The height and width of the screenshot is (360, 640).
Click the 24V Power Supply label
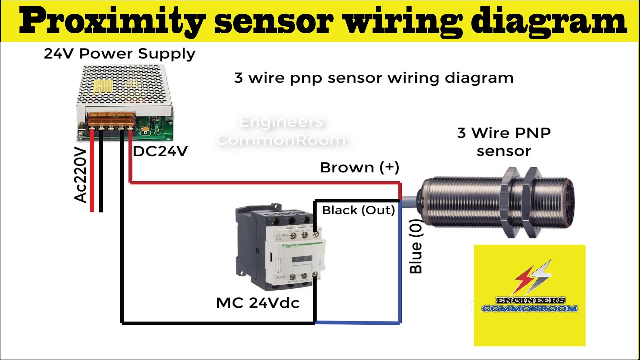tap(119, 54)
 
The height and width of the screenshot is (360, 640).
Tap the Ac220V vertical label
tap(81, 175)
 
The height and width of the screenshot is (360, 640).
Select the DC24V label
tap(160, 151)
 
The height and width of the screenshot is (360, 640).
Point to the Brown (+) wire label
tap(359, 168)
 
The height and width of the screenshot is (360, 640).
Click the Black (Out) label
tap(358, 210)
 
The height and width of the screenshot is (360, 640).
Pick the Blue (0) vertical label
tap(416, 248)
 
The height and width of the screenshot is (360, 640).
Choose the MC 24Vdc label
tap(257, 303)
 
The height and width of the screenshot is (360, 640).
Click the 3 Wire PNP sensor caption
tap(504, 142)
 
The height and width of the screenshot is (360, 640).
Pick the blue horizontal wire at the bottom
tap(357, 323)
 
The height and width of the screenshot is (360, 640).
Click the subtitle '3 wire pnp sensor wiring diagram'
tap(374, 78)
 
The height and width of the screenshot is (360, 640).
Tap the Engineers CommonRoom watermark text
tap(281, 131)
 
